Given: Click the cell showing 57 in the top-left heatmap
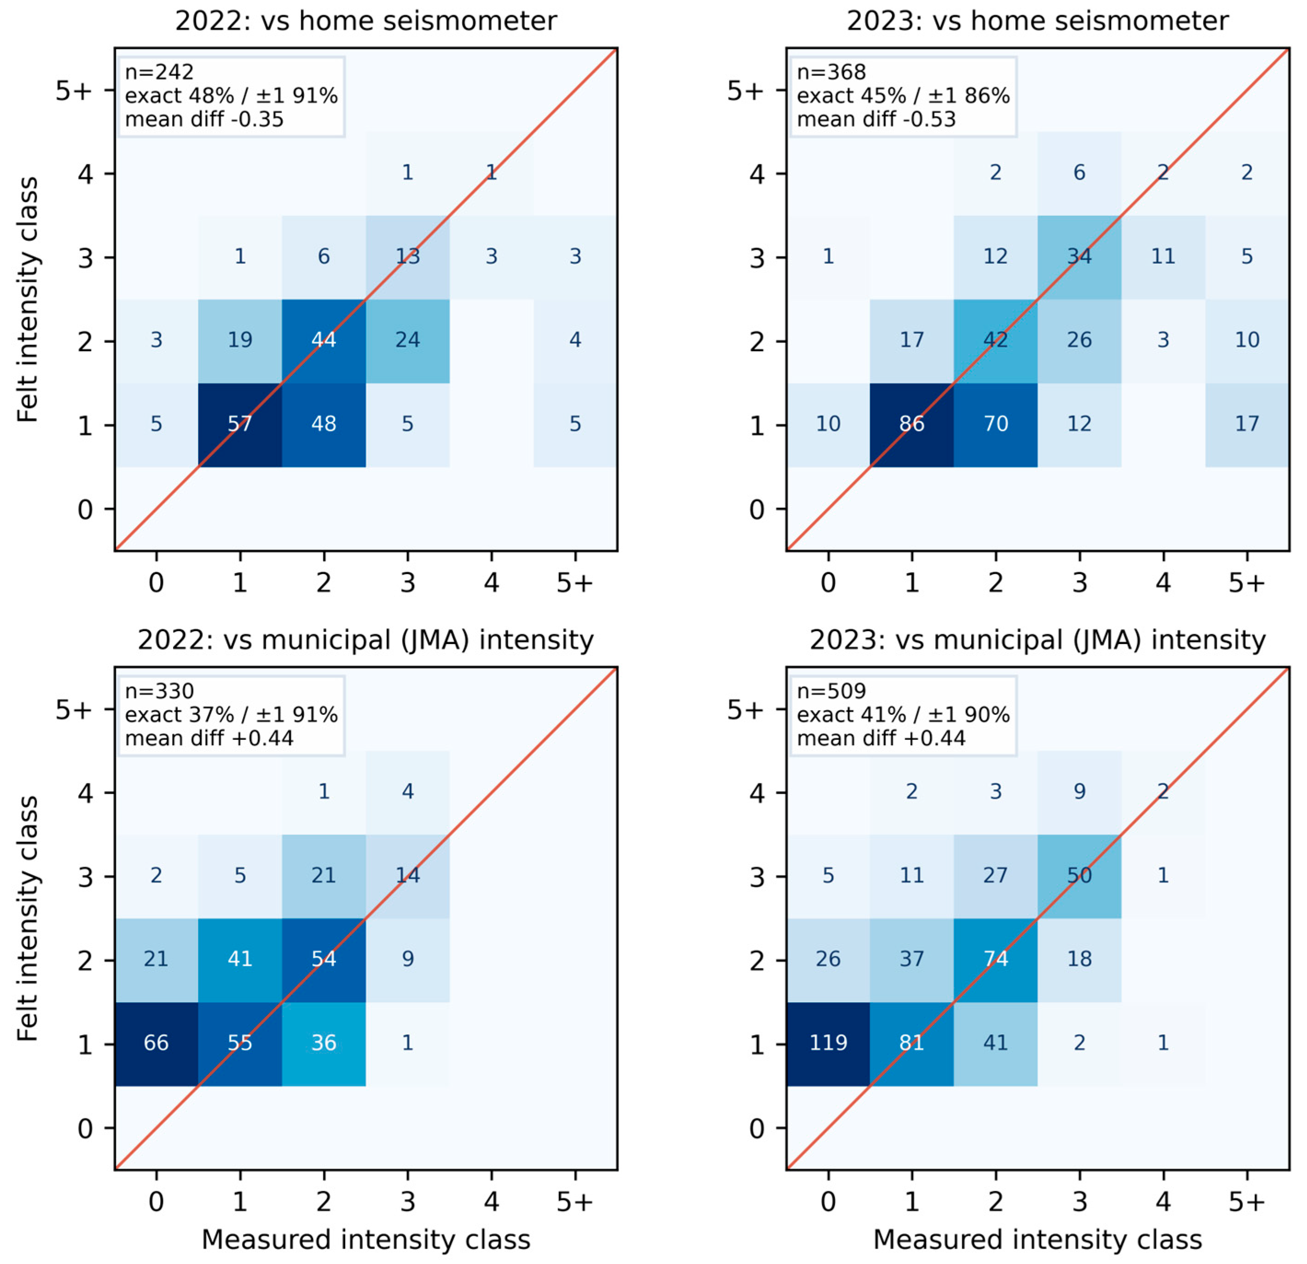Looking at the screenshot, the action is point(240,425).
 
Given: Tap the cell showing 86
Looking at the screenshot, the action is point(912,425).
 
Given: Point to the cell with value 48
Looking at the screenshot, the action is point(324,425).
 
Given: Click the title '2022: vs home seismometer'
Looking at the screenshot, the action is point(366,21).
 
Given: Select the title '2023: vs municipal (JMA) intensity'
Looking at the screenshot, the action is point(1038,640).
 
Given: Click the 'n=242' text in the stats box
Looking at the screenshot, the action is point(159,72).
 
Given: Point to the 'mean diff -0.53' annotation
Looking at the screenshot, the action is point(876,119).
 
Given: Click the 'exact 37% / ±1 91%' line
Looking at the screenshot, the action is point(231,715).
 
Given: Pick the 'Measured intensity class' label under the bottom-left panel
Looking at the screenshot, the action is point(366,1240).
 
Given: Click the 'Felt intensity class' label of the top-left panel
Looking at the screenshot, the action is point(27,300).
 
